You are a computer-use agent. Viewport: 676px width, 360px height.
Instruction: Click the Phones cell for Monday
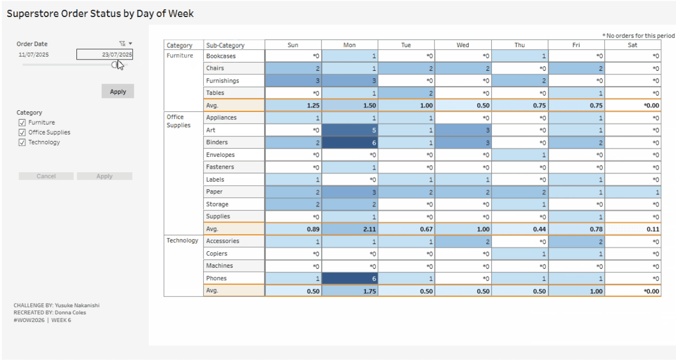pos(350,278)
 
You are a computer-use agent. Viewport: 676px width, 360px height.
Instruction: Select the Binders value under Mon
pos(350,143)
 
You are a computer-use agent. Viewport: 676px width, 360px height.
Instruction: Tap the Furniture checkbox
pos(22,123)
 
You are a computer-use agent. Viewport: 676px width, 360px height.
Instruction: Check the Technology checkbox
pos(22,143)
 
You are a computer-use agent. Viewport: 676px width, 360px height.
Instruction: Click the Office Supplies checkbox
pos(22,132)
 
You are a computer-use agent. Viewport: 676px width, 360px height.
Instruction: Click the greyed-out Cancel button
pos(46,176)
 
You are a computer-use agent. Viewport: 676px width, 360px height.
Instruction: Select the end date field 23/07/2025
pos(105,54)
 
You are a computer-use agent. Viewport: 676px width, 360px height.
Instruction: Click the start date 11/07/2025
pos(34,54)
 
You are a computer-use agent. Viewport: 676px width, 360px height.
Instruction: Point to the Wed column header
pos(463,45)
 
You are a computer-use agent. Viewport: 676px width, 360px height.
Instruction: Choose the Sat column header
pos(632,45)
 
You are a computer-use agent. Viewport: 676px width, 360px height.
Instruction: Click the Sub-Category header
pos(225,46)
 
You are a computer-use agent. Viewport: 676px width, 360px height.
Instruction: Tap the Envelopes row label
pos(221,155)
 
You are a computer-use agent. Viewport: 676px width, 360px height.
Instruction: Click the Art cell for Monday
pos(350,130)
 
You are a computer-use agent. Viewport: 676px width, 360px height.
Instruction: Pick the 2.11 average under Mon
pos(350,229)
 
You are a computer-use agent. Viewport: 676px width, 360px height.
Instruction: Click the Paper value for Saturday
pos(632,192)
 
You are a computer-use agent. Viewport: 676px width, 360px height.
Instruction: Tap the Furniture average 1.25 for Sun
pos(293,106)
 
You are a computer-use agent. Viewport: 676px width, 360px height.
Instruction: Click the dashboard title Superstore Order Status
pos(101,14)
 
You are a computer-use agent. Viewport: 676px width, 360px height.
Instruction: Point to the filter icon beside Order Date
pos(122,44)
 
